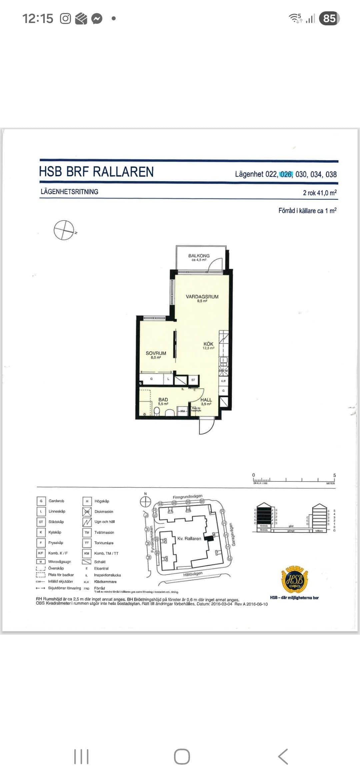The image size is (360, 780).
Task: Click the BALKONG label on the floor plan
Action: point(199,256)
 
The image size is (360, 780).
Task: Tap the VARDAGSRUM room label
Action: point(202,297)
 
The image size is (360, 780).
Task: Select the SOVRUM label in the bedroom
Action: point(156,353)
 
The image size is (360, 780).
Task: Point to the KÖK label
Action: point(208,344)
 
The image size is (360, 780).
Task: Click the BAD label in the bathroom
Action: point(163,400)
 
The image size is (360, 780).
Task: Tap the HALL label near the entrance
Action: point(206,400)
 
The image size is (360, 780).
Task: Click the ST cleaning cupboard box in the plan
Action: point(193,380)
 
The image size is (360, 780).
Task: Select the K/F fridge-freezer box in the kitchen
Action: point(223,381)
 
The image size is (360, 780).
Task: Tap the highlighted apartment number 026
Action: point(286,174)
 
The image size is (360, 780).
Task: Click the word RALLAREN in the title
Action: point(123,172)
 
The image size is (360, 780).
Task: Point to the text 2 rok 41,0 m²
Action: point(320,193)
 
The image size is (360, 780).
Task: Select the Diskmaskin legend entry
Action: point(104,512)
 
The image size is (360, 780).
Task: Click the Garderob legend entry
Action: point(56,501)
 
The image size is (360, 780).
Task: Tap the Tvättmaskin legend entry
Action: point(104,533)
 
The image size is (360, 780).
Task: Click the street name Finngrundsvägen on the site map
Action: point(187,497)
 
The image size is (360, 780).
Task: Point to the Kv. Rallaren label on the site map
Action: point(189,539)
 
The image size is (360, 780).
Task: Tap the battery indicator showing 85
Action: point(329,18)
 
